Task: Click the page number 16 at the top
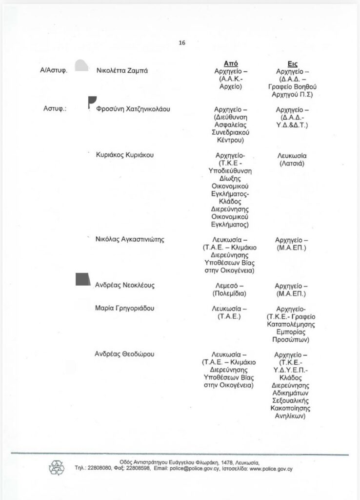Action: (181, 42)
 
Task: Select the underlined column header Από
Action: (230, 63)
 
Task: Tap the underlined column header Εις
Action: (293, 63)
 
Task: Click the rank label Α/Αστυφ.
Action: (53, 70)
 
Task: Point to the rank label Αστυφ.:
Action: (55, 109)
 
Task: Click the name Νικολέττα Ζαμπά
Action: (122, 70)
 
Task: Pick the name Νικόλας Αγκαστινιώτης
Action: (129, 239)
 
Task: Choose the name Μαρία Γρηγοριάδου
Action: (124, 308)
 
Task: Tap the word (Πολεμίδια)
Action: (231, 294)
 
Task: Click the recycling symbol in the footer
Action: (56, 468)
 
